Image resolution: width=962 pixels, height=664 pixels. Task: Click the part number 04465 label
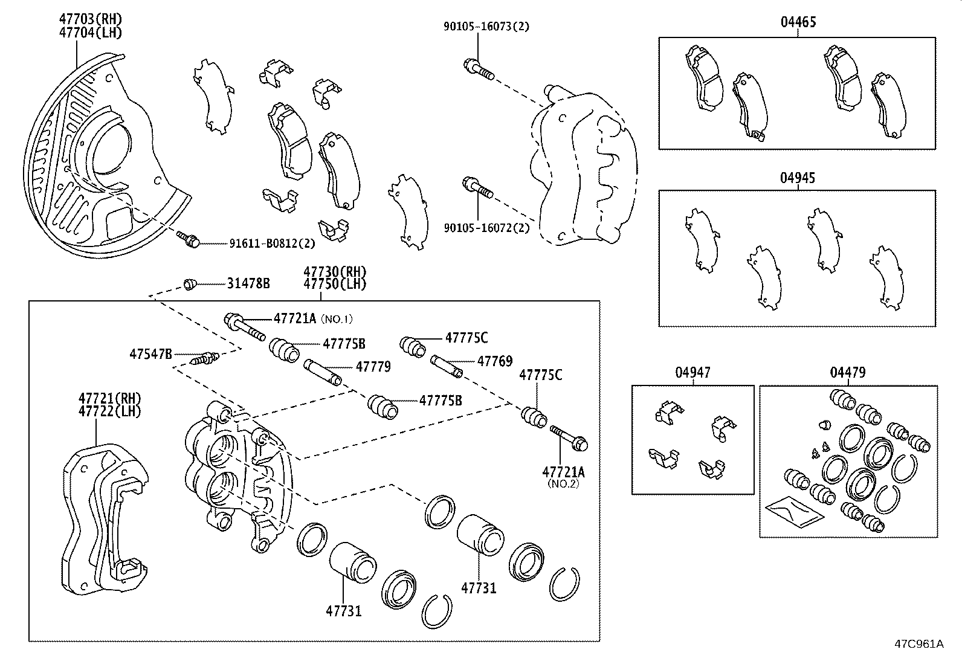(798, 23)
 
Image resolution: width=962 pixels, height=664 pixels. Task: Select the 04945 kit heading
(798, 178)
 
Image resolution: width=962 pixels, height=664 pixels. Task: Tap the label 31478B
(248, 283)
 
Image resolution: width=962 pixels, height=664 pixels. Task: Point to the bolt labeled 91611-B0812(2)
(187, 239)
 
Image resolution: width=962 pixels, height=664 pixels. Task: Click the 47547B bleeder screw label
(150, 353)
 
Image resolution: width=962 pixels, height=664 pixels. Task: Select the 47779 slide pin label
(373, 366)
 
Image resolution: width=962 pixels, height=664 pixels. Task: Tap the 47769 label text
(494, 361)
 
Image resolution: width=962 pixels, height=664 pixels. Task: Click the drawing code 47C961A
(918, 643)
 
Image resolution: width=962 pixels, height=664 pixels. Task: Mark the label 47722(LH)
(109, 411)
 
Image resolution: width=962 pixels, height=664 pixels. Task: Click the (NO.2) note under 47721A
(563, 483)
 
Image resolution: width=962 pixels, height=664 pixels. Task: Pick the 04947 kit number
(693, 373)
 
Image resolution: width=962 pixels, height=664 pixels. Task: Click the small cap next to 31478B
(190, 283)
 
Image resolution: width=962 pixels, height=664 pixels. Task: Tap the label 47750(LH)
(335, 283)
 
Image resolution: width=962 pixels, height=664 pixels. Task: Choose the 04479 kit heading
(847, 373)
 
